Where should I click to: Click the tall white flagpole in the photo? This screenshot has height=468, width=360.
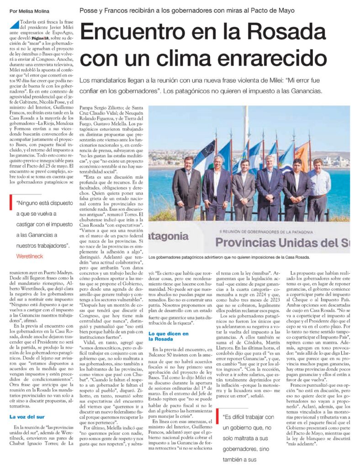(x=249, y=133)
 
